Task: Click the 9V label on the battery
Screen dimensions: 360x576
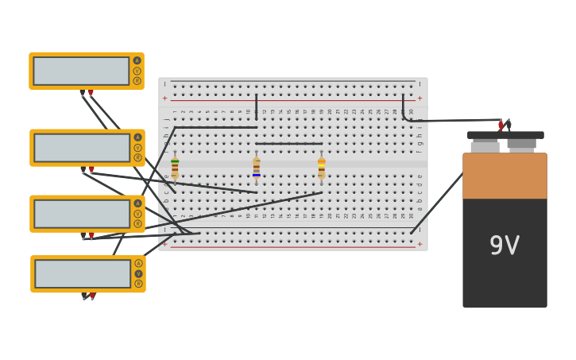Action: coord(504,246)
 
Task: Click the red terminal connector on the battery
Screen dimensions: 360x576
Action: coord(501,125)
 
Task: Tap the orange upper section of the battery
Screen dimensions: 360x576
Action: coord(504,176)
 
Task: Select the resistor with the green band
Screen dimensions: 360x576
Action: coord(175,168)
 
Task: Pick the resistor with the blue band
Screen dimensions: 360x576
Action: coord(256,168)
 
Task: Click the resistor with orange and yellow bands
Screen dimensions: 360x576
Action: coord(321,168)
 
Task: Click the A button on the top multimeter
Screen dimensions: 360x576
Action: coord(137,60)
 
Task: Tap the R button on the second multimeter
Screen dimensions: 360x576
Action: coord(137,157)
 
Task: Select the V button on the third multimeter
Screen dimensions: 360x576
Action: coord(137,214)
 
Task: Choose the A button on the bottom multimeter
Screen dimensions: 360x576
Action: coord(138,263)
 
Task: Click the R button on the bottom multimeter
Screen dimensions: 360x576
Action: coord(138,284)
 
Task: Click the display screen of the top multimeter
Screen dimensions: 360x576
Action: coord(81,71)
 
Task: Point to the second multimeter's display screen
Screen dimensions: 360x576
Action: coord(82,148)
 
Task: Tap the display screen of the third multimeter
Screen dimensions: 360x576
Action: coord(82,214)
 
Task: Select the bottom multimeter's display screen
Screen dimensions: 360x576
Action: coord(83,274)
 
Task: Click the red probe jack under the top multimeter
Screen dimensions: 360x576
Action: coord(91,94)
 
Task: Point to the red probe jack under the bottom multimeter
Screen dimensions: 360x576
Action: coord(92,296)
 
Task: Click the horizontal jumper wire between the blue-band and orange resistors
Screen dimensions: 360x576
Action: coord(288,144)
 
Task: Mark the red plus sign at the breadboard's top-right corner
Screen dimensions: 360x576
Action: coord(419,99)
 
